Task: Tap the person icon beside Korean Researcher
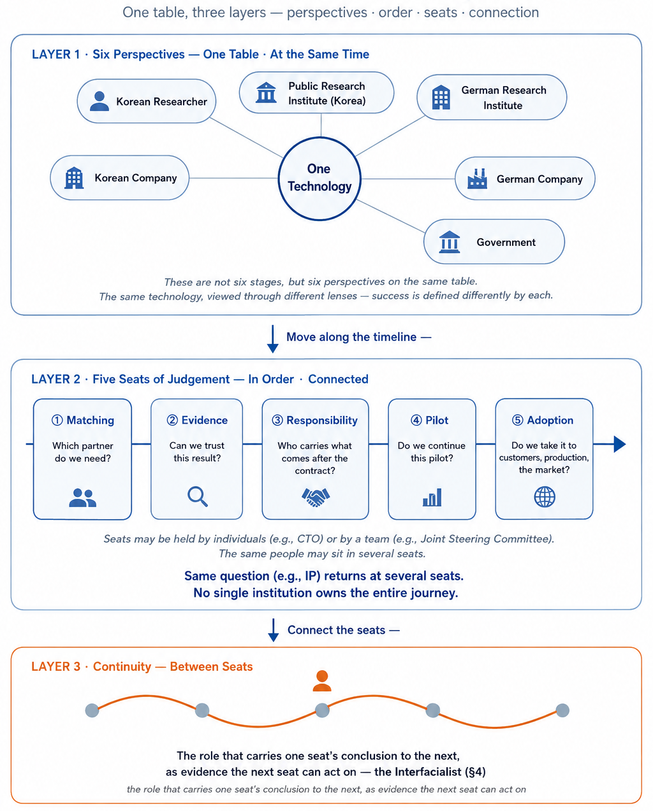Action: click(x=99, y=101)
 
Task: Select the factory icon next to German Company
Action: click(x=477, y=178)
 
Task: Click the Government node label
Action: click(x=506, y=242)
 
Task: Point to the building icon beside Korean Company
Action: click(x=74, y=178)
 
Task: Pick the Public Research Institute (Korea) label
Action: click(x=326, y=94)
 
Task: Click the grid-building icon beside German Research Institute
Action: click(x=441, y=97)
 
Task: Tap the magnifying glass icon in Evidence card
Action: click(x=198, y=497)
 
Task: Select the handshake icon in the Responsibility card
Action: click(x=316, y=497)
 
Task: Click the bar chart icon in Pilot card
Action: click(x=432, y=497)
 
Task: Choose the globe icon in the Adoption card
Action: click(x=545, y=497)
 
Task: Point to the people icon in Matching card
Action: click(x=83, y=498)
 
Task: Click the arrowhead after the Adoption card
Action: click(x=620, y=444)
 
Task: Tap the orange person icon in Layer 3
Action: click(x=322, y=680)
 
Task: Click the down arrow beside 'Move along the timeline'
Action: click(x=272, y=339)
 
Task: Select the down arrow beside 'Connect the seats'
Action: click(x=273, y=630)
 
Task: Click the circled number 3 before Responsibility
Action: click(x=277, y=420)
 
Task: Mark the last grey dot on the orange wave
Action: click(x=562, y=710)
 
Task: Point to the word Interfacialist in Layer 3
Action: click(x=428, y=772)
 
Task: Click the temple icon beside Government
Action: click(x=450, y=241)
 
